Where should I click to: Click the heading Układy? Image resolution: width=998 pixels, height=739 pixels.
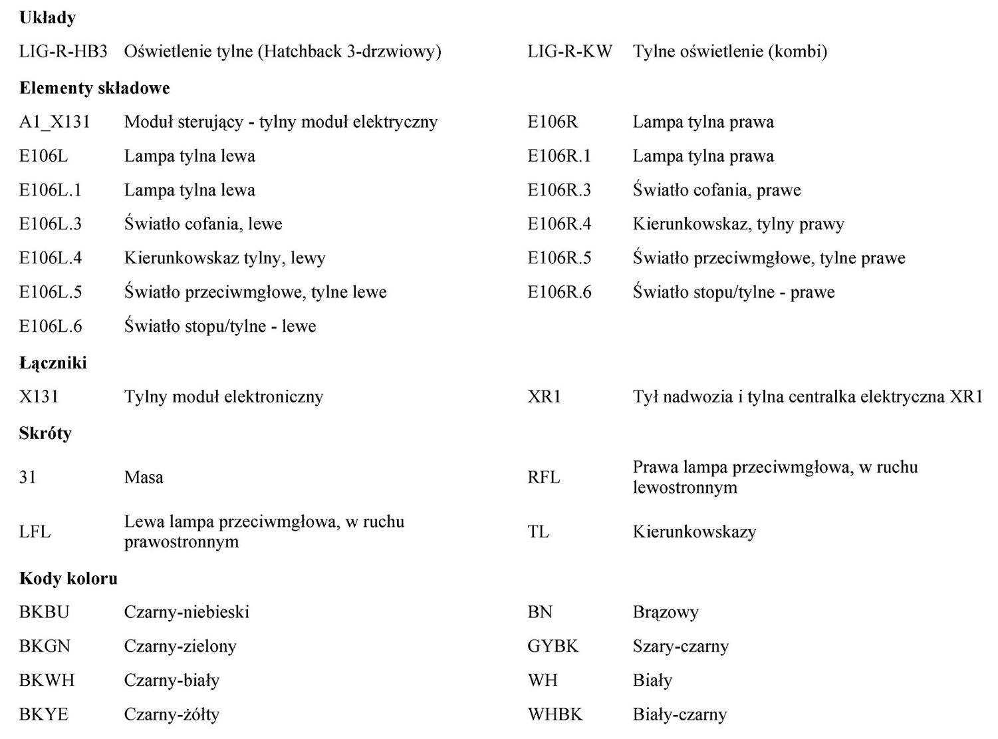47,18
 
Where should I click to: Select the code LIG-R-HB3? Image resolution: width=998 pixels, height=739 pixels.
63,51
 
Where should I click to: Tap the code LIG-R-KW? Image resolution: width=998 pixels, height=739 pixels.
570,51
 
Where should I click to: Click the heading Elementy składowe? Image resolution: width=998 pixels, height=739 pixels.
94,88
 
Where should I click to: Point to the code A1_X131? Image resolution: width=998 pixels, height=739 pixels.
55,122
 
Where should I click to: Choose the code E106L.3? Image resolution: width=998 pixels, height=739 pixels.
51,224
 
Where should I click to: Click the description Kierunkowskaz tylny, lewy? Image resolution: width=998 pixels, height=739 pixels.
225,258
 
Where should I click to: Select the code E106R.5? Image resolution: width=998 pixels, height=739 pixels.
559,258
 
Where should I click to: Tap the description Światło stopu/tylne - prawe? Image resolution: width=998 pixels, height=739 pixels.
733,292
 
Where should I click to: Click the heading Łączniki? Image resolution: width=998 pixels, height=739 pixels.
53,363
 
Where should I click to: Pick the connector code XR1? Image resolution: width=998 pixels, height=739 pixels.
545,397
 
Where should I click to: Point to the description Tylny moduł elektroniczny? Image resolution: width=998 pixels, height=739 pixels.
223,397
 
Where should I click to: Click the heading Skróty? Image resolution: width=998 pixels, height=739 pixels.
45,434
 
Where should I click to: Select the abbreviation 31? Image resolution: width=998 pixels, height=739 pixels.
28,478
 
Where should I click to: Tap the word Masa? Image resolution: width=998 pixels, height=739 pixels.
144,478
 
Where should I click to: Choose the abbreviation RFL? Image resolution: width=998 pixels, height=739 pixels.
544,478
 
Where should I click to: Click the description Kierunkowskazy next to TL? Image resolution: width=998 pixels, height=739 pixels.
694,532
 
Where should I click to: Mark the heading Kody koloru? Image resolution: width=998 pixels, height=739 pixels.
68,579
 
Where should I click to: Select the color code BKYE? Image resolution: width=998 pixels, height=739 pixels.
44,714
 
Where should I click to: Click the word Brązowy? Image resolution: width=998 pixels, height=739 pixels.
666,613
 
